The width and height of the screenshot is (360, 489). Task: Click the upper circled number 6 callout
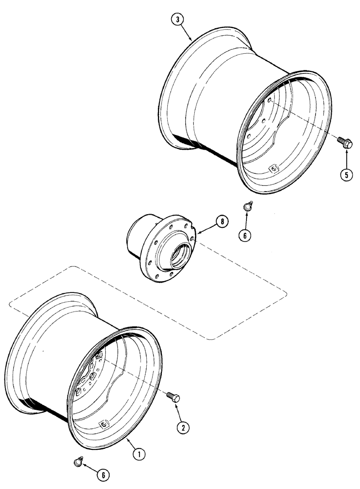pyautogui.click(x=244, y=235)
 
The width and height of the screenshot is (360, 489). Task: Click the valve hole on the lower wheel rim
pyautogui.click(x=103, y=423)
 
